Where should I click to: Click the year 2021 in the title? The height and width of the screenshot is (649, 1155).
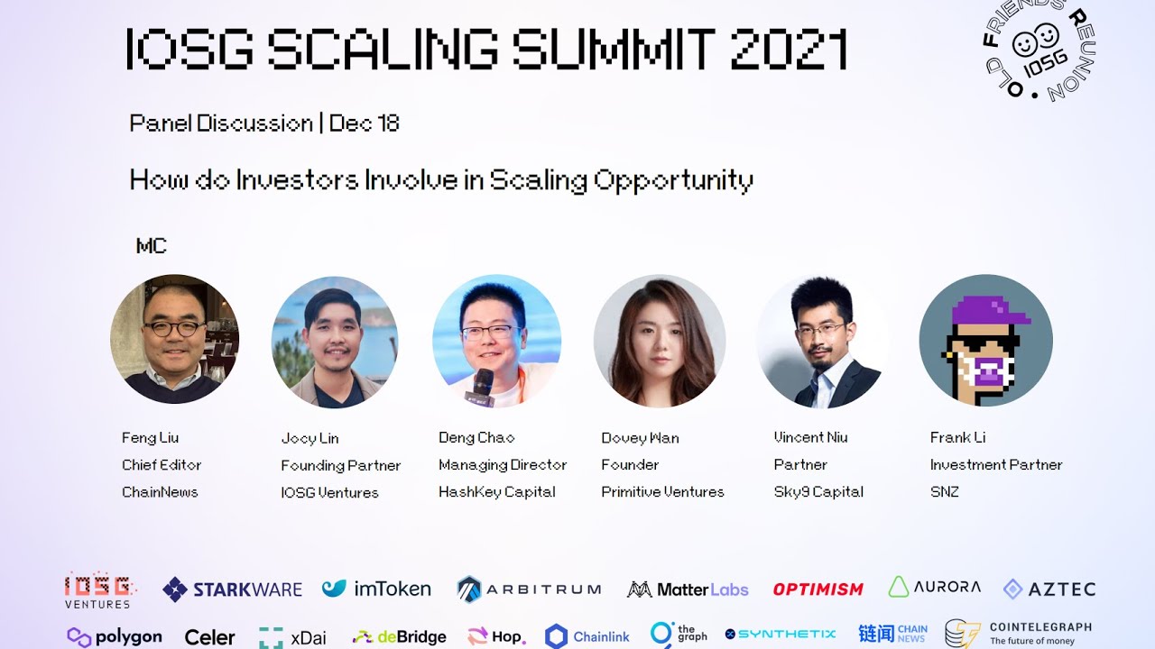pos(788,50)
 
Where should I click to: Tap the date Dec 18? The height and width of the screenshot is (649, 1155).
pos(365,123)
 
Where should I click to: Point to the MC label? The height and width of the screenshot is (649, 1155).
pos(151,246)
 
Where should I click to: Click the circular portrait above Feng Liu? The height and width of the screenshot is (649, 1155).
pos(174,339)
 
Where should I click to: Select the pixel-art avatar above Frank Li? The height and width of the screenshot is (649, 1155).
pos(985,341)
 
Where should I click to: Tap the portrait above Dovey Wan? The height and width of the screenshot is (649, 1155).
pos(660,341)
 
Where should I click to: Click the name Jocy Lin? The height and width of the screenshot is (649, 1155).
pos(310,438)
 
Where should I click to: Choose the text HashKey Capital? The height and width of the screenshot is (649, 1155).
pos(496,491)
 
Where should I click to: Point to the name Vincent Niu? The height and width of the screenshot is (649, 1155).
pos(810,437)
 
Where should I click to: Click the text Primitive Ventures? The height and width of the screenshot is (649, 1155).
pos(662,491)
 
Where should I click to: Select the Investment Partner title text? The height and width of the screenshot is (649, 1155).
pos(996,464)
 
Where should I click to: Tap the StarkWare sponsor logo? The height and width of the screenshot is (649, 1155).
pos(232,590)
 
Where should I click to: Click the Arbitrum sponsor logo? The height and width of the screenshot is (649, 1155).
pos(528,590)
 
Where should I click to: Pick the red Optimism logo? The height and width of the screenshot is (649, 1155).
pos(818,590)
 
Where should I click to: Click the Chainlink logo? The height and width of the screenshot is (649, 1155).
pos(587,636)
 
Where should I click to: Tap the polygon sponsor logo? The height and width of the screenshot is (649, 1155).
pos(115,636)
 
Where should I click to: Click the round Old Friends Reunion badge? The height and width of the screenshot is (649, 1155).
pos(1038,50)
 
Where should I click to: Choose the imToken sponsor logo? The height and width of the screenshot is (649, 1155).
pos(376,590)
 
